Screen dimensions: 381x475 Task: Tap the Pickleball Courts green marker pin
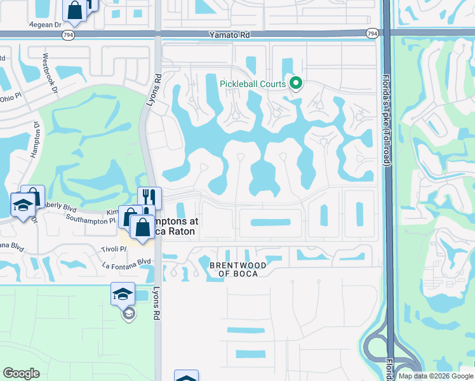tap(295, 83)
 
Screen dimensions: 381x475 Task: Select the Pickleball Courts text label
tap(253, 84)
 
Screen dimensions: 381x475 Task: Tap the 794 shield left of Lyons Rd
tap(68, 35)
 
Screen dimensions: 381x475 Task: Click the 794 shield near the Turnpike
tap(372, 32)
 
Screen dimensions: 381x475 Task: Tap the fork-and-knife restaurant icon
tap(149, 197)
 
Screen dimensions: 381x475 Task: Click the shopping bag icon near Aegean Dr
tap(75, 10)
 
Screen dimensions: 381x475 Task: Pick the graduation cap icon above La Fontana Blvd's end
tap(123, 294)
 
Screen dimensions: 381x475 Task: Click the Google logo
tap(22, 373)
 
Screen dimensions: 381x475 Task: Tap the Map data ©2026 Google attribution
tap(435, 376)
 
